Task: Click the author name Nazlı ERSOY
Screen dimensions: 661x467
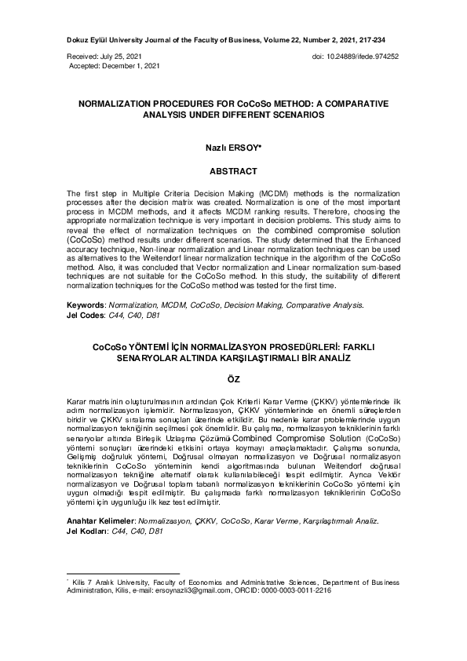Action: (232, 147)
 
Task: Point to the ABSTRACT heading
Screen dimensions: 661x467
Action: (233, 170)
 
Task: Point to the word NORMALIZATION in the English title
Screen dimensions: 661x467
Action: (122, 103)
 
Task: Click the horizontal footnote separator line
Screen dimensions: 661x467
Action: (123, 574)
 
